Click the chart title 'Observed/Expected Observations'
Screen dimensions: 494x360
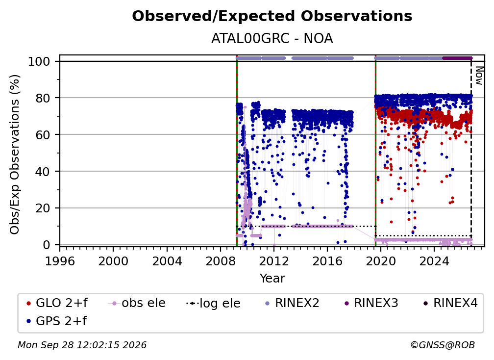click(272, 16)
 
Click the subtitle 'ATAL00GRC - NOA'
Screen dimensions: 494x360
click(272, 39)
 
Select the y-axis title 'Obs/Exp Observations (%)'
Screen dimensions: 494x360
click(15, 154)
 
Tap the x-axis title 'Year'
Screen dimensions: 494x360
click(272, 279)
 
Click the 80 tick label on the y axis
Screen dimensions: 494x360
click(43, 98)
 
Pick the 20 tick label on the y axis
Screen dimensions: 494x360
click(43, 208)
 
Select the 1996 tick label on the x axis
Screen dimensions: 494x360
click(60, 261)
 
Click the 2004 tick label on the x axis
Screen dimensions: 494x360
click(167, 261)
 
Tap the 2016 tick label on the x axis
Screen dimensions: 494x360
click(327, 261)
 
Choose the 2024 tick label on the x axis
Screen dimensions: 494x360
click(434, 261)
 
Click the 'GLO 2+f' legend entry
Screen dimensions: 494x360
click(57, 303)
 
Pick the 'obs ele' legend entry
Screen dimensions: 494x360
click(137, 303)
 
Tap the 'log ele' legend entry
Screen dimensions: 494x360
click(213, 303)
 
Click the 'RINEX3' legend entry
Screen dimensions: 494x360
click(371, 303)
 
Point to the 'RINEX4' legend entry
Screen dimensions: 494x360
click(450, 303)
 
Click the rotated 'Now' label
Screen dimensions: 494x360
click(479, 76)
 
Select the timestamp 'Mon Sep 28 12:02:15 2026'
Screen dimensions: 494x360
click(82, 345)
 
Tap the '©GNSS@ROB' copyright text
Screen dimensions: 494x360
click(443, 345)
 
